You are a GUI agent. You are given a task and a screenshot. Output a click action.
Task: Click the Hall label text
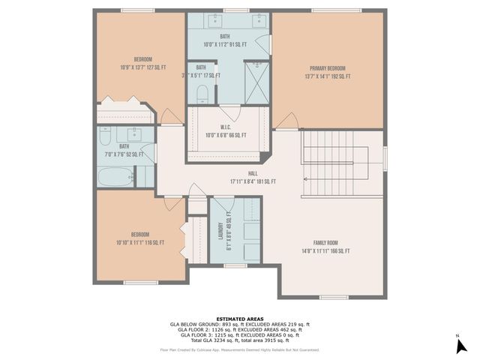253,177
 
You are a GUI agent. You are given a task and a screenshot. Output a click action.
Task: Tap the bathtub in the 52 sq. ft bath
116,177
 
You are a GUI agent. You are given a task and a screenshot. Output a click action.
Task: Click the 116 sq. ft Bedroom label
140,238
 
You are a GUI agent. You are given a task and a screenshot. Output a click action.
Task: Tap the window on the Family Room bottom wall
334,298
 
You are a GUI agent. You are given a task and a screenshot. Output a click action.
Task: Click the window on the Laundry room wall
235,265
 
